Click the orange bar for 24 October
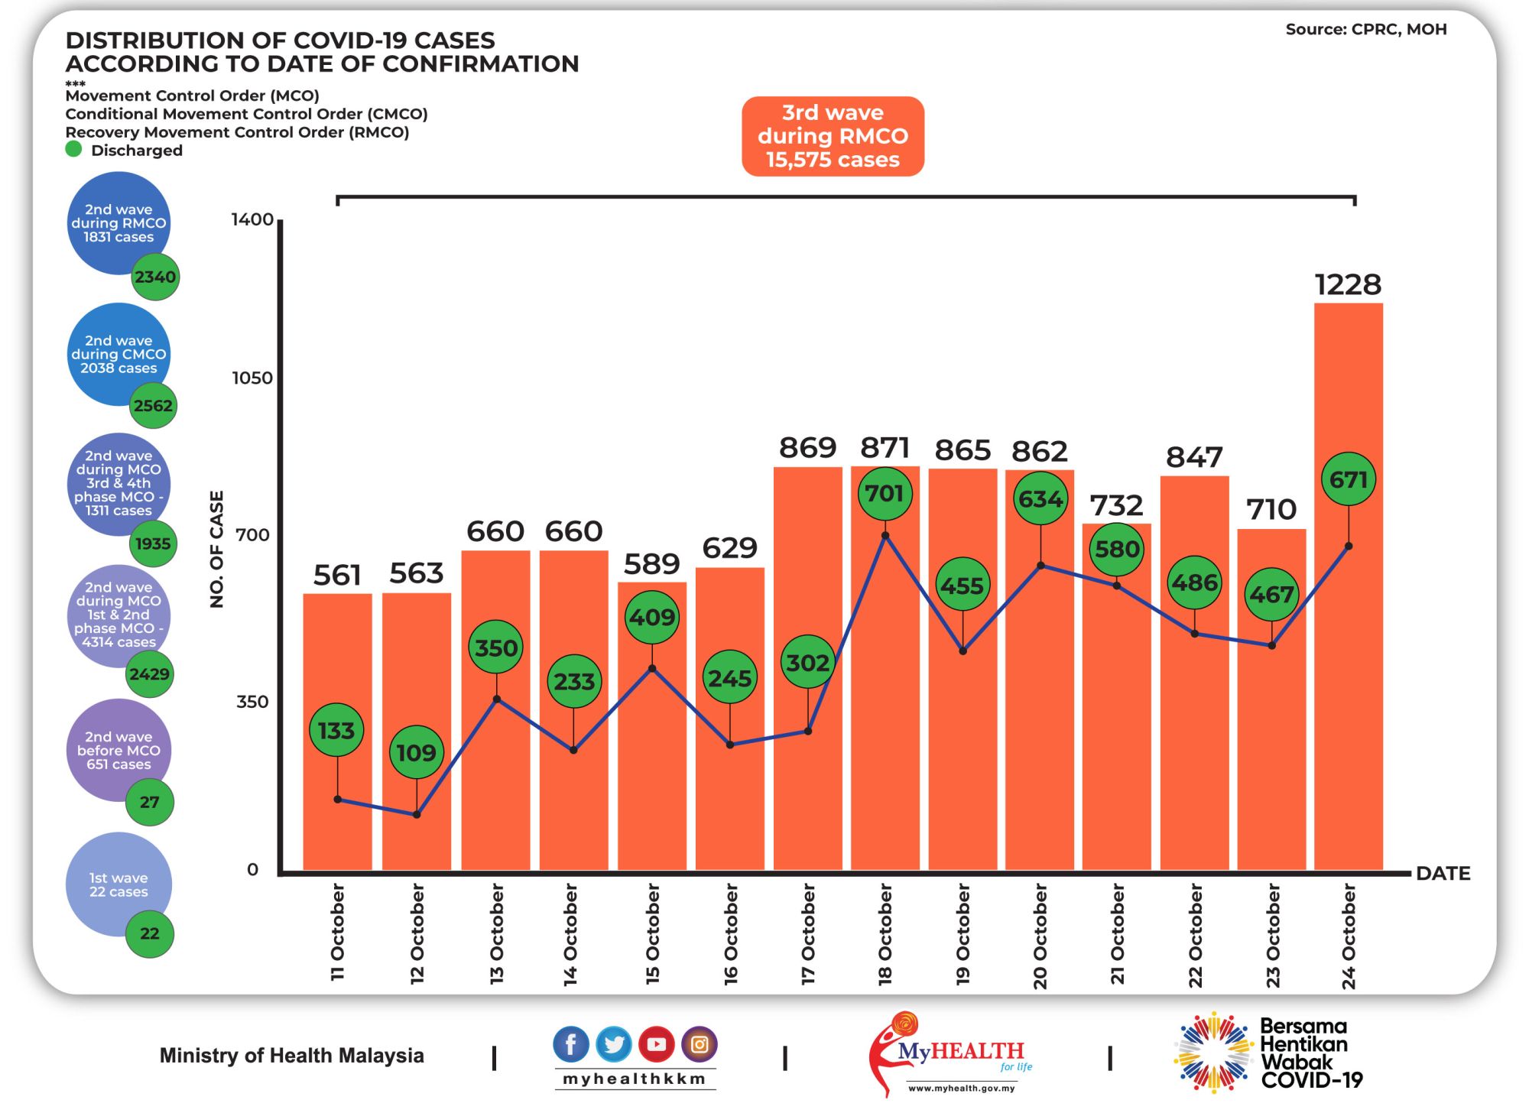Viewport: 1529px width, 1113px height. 1348,688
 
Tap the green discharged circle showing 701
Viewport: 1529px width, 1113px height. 885,494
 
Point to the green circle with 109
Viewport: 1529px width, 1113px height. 416,753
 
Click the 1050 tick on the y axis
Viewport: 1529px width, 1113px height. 252,378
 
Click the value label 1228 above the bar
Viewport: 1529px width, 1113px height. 1348,285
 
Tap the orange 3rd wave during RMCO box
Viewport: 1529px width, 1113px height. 833,136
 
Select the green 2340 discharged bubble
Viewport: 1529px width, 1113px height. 155,277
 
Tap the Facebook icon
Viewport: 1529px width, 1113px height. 571,1044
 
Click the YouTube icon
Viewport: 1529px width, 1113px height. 657,1044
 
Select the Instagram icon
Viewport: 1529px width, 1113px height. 699,1044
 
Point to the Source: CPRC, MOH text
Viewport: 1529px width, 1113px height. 1365,30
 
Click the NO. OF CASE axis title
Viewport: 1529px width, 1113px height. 216,549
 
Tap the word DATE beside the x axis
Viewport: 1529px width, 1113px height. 1443,874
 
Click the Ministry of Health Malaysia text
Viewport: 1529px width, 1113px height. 291,1056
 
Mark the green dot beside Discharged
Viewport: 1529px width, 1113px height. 73,150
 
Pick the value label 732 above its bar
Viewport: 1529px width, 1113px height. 1116,505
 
